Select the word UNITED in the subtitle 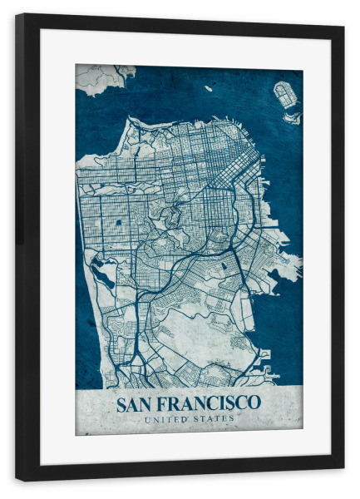coord(165,419)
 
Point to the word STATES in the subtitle coord(215,419)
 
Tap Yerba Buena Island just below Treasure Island coord(291,117)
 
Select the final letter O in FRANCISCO coord(254,404)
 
